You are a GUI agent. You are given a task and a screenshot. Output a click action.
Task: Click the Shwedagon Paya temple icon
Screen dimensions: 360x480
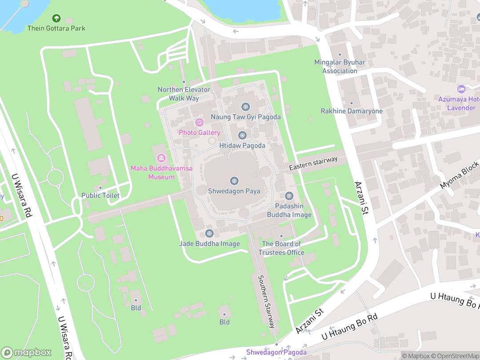[x=234, y=181]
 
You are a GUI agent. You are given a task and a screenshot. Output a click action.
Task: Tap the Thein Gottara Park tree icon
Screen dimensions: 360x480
[x=56, y=18]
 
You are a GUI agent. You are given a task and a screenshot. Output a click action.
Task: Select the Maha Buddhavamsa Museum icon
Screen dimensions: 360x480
[x=161, y=158]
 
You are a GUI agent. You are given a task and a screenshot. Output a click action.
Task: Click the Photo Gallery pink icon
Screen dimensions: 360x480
[x=200, y=122]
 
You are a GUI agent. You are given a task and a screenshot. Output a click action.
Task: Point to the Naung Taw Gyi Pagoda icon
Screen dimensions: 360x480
[x=245, y=107]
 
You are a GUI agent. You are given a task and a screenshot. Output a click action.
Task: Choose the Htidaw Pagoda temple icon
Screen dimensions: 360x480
[x=242, y=135]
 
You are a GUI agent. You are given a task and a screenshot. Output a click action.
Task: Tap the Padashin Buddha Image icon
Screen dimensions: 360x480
[x=289, y=196]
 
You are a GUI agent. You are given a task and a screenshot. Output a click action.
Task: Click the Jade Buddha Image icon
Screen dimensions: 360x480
[x=209, y=233]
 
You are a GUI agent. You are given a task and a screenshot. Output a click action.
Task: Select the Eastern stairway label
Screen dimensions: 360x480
[x=313, y=163]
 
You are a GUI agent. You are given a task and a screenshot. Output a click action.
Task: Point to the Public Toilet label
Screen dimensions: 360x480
[x=100, y=195]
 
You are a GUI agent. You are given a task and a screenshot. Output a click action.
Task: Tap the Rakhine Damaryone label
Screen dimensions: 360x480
[x=352, y=111]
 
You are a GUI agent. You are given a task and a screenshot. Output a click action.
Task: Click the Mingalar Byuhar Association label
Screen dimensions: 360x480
[x=340, y=66]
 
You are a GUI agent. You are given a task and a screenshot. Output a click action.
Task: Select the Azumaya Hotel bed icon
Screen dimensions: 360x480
[x=461, y=89]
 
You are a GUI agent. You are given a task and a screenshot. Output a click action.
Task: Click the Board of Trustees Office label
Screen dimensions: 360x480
[x=281, y=248]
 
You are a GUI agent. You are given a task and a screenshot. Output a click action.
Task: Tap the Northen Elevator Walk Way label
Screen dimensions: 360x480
[x=184, y=94]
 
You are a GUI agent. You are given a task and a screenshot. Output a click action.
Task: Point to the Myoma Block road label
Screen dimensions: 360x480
[x=459, y=175]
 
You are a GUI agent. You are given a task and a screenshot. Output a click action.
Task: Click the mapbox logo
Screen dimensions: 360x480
[x=27, y=352]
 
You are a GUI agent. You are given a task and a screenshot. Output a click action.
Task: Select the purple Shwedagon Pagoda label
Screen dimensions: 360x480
[x=276, y=352]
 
